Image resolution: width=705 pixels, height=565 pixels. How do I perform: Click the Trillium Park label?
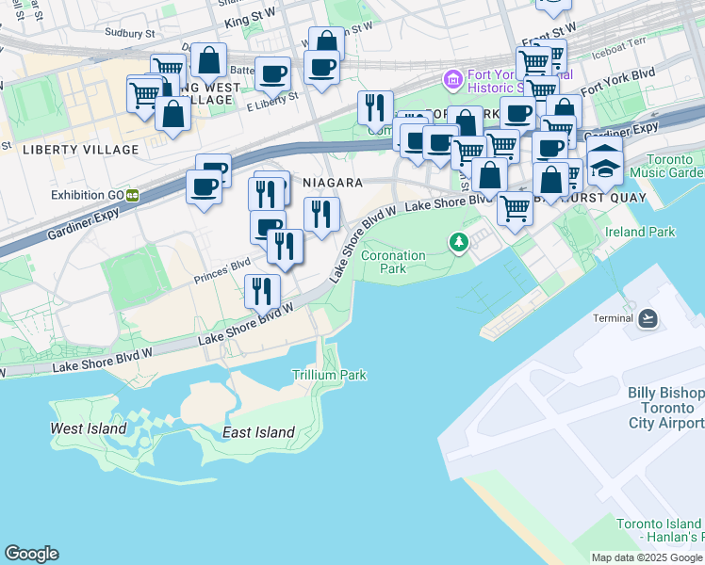click(x=329, y=375)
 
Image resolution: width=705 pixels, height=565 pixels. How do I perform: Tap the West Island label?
click(x=88, y=428)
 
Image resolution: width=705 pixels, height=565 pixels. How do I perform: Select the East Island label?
click(x=258, y=433)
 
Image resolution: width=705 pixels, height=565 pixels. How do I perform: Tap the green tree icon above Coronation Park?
click(x=459, y=243)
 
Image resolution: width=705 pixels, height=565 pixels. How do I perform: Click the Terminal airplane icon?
click(x=648, y=318)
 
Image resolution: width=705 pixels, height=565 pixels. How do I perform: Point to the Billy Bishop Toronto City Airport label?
click(x=666, y=408)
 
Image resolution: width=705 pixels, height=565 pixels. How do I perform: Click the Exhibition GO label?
click(x=88, y=195)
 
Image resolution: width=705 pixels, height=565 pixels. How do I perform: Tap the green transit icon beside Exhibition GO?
click(x=134, y=195)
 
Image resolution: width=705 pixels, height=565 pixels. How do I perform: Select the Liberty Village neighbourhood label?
click(x=81, y=150)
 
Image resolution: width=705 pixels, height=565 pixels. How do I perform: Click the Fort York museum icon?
click(x=453, y=79)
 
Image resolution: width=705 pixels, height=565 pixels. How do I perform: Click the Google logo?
click(x=31, y=554)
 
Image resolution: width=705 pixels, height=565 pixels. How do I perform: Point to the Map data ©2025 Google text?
click(x=646, y=557)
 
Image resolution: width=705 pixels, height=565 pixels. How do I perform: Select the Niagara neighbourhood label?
click(x=330, y=182)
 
